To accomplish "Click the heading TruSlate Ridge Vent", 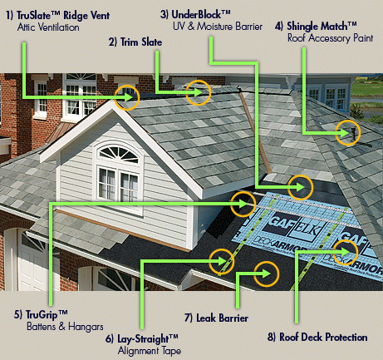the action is [x=57, y=15].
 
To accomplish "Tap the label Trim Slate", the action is [x=135, y=42].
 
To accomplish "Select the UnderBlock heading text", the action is [x=195, y=14].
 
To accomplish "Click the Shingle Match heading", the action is [x=316, y=26].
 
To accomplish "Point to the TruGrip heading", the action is [x=41, y=314].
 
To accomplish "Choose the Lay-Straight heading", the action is [x=142, y=338].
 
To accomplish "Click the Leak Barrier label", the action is [x=216, y=318].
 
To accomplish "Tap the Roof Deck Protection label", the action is [x=317, y=337].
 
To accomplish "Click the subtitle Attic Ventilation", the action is [x=48, y=27].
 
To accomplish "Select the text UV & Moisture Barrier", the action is [x=218, y=27].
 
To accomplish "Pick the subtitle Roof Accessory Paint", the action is [x=331, y=38].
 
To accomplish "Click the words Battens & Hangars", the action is [x=65, y=327].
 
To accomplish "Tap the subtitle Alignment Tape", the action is [x=150, y=351].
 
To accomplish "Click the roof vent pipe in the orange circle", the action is [x=353, y=134].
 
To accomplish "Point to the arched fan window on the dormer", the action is [x=119, y=155].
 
